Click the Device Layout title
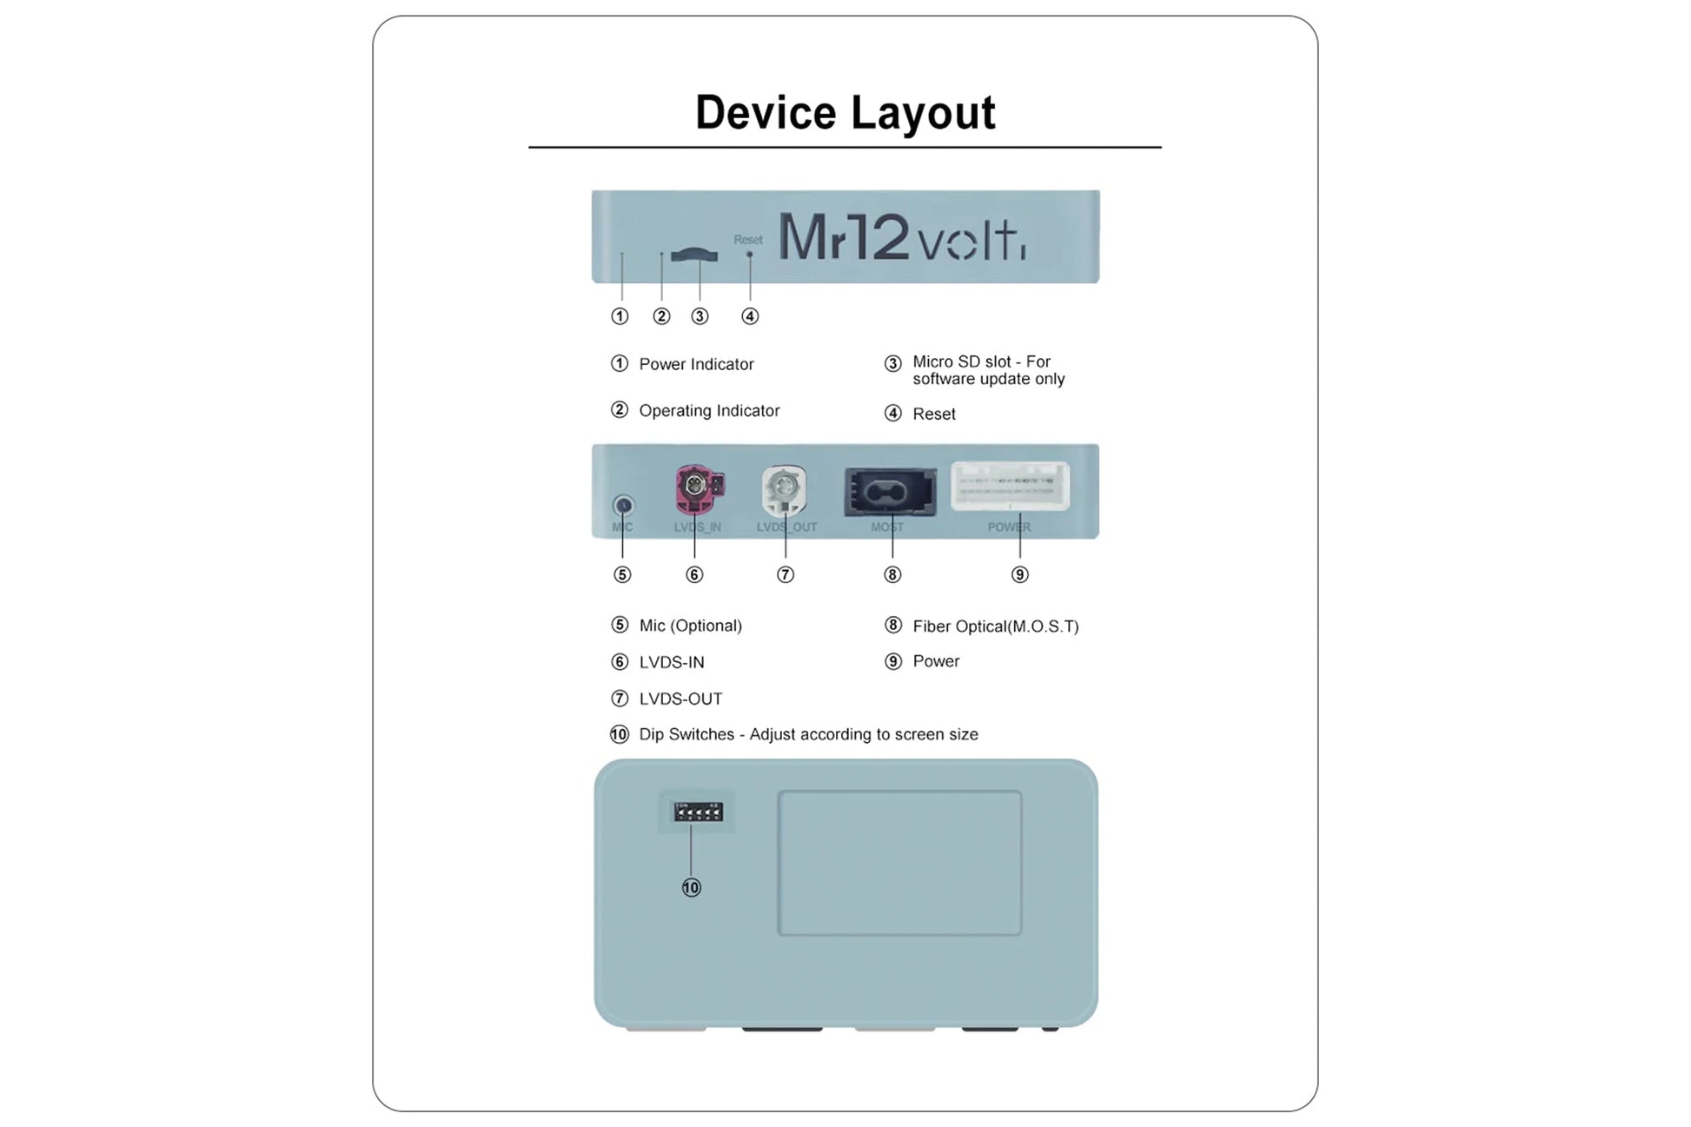pyautogui.click(x=845, y=113)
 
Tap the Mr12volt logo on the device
pyautogui.click(x=901, y=236)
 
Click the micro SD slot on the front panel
pyautogui.click(x=694, y=255)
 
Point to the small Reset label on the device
pyautogui.click(x=747, y=240)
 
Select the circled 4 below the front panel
pyautogui.click(x=750, y=316)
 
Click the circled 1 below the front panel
pyautogui.click(x=620, y=316)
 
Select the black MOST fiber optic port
pyautogui.click(x=890, y=493)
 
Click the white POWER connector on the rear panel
pyautogui.click(x=1010, y=485)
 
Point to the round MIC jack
pyautogui.click(x=623, y=505)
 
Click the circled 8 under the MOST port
pyautogui.click(x=892, y=574)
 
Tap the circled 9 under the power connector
pyautogui.click(x=1020, y=574)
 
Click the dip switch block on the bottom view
pyautogui.click(x=698, y=812)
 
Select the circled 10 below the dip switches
pyautogui.click(x=691, y=887)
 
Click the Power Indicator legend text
pyautogui.click(x=696, y=364)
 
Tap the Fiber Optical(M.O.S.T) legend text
pyautogui.click(x=995, y=626)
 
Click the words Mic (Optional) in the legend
pyautogui.click(x=690, y=626)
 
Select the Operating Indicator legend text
pyautogui.click(x=709, y=411)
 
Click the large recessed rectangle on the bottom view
pyautogui.click(x=899, y=863)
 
